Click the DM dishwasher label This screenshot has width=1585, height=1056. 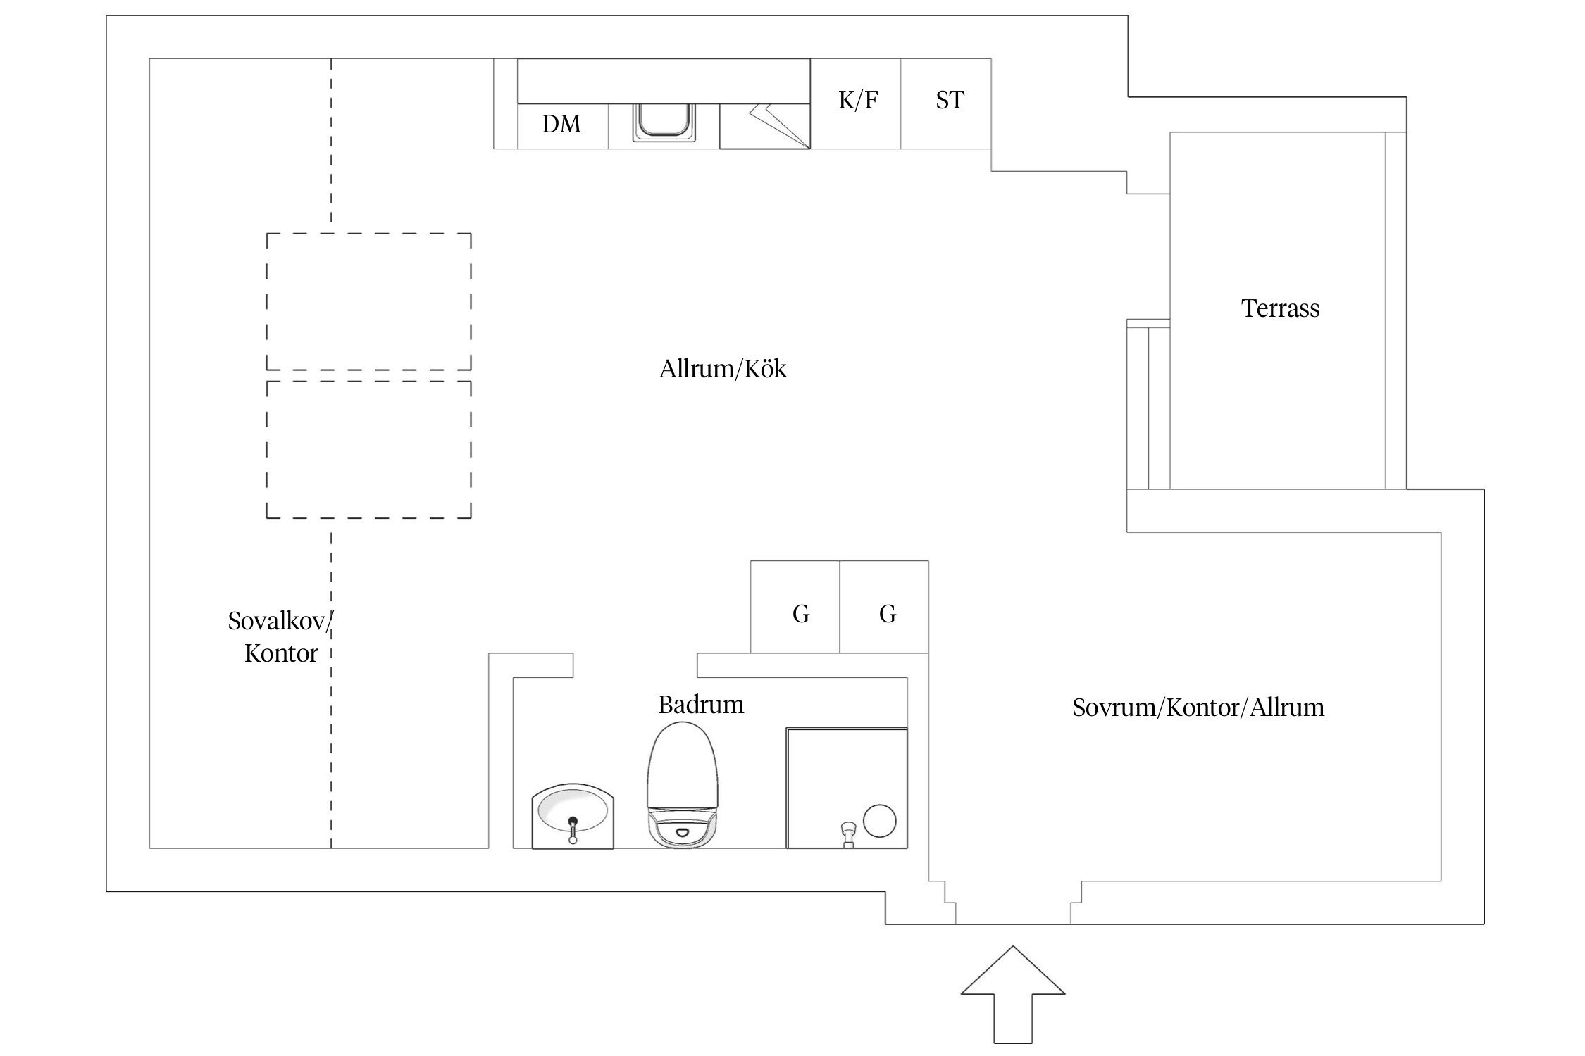tap(561, 124)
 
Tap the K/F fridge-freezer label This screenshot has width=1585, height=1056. tap(858, 100)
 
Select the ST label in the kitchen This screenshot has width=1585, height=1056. tap(950, 100)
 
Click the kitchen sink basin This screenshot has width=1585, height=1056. tap(664, 122)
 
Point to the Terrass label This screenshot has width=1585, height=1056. tap(1280, 308)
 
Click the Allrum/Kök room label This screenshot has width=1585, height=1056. tap(723, 369)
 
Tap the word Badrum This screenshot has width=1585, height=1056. tap(701, 705)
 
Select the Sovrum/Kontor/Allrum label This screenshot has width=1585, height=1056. tap(1198, 708)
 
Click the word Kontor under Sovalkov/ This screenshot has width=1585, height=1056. tap(281, 653)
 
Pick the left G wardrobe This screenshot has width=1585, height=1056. tap(795, 607)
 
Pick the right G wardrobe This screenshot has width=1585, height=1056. tap(884, 607)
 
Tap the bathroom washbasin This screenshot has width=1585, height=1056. tap(573, 817)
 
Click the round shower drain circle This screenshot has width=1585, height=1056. tap(880, 821)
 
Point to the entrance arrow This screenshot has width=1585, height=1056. tap(1013, 993)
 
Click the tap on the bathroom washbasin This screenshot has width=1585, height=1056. tap(573, 829)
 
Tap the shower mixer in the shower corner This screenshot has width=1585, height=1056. tap(847, 834)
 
